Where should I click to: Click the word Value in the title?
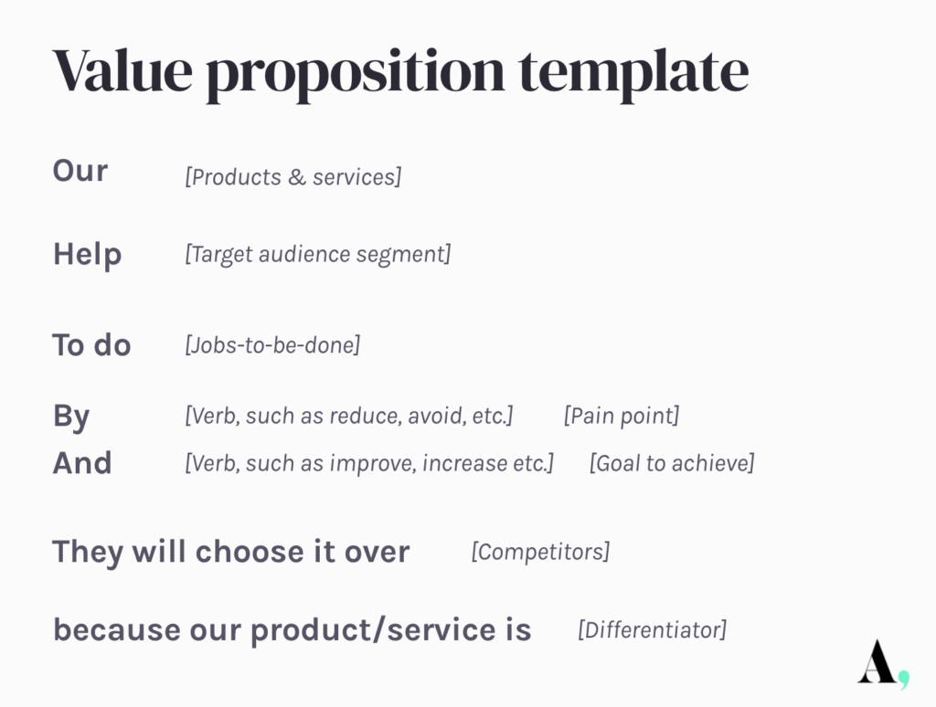click(123, 70)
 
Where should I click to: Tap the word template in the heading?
click(634, 73)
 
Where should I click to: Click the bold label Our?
click(80, 171)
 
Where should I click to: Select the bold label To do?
click(92, 345)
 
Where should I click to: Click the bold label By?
click(71, 417)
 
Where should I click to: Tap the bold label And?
click(82, 463)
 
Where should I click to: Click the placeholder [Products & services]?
click(293, 177)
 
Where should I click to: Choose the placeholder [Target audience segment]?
click(317, 254)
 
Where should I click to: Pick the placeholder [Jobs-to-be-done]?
click(272, 345)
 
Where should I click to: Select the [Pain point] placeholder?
click(622, 416)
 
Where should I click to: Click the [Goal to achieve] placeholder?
click(672, 463)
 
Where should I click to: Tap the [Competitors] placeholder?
click(540, 552)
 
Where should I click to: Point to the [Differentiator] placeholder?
click(653, 629)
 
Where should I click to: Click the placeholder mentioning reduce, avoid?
click(348, 416)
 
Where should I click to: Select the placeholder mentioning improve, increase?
click(369, 463)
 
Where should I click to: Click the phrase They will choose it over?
click(231, 552)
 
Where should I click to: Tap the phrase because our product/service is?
click(292, 630)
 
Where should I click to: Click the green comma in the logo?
click(904, 680)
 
